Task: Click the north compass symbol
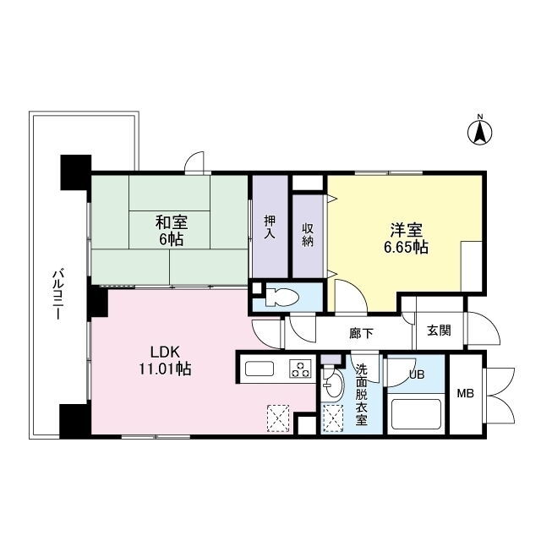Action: pyautogui.click(x=479, y=132)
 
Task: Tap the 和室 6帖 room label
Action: pyautogui.click(x=172, y=230)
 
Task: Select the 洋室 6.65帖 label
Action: pyautogui.click(x=407, y=238)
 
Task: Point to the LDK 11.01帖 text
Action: pyautogui.click(x=165, y=361)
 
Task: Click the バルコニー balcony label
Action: pyautogui.click(x=57, y=295)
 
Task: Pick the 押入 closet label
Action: pyautogui.click(x=270, y=227)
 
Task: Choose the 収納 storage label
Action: pyautogui.click(x=308, y=235)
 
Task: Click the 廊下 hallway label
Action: pyautogui.click(x=361, y=333)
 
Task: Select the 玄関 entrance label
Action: pyautogui.click(x=439, y=331)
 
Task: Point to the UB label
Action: pyautogui.click(x=417, y=374)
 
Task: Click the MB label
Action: pyautogui.click(x=466, y=393)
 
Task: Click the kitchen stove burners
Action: pyautogui.click(x=301, y=369)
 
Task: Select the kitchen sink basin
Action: pyautogui.click(x=260, y=369)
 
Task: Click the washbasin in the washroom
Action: pyautogui.click(x=333, y=385)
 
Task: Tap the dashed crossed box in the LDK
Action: pyautogui.click(x=278, y=418)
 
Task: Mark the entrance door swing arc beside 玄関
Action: pyautogui.click(x=483, y=329)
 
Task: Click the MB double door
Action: pyautogui.click(x=500, y=396)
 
